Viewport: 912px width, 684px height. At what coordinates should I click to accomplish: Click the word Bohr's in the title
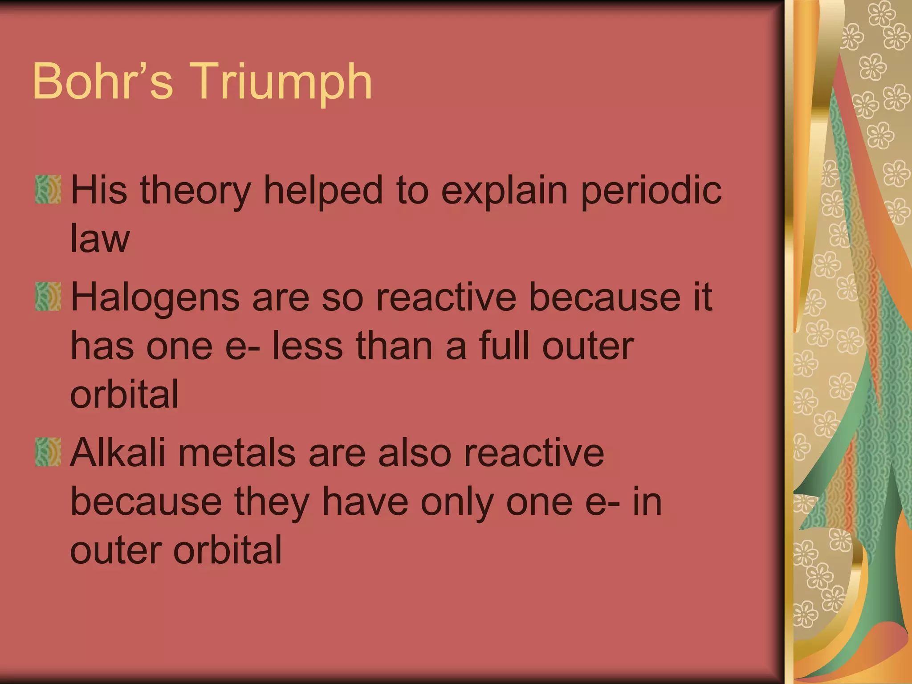click(x=102, y=81)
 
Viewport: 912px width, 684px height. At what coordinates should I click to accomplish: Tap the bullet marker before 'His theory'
click(x=48, y=190)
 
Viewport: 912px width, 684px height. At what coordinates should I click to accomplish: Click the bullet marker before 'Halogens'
click(x=48, y=297)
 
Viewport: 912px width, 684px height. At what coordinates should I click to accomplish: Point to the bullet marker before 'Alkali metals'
click(x=48, y=452)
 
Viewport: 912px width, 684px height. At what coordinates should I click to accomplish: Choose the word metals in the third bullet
click(x=236, y=453)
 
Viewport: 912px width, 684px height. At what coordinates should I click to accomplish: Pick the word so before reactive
click(x=342, y=297)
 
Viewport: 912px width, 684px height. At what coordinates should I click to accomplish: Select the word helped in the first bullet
click(x=323, y=190)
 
